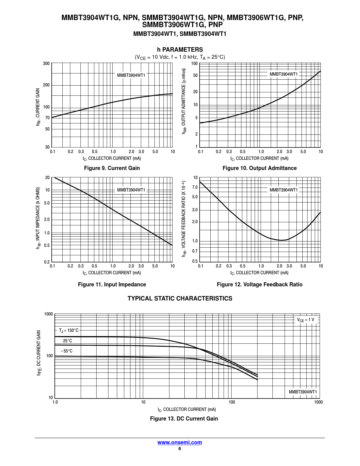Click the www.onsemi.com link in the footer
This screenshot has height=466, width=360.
coord(180,442)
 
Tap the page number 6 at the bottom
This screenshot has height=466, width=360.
coord(180,449)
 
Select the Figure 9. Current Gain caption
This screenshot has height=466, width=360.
coord(112,168)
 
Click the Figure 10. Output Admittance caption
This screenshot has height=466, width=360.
coord(259,168)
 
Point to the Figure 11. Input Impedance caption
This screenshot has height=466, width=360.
coord(112,284)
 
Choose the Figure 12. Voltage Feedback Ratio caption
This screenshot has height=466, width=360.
coord(259,284)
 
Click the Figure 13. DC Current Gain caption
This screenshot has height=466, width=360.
coord(184,419)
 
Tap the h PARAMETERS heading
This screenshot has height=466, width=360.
coord(180,50)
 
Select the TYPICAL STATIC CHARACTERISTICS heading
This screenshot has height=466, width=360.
coord(180,299)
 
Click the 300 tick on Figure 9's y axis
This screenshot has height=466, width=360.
coord(46,64)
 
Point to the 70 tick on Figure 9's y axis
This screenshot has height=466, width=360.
coord(47,118)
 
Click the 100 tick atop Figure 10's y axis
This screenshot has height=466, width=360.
coord(194,64)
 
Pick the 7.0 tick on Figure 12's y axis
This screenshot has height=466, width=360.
coord(195,187)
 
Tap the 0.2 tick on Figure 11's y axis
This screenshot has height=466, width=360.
coord(47,262)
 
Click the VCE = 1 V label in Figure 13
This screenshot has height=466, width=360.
coord(306,320)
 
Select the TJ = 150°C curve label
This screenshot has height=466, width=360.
coord(69,330)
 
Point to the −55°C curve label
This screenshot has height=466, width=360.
coord(67,351)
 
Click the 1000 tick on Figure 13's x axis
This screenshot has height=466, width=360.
coord(318,402)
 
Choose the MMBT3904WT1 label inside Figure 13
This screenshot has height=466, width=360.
coord(303,392)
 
